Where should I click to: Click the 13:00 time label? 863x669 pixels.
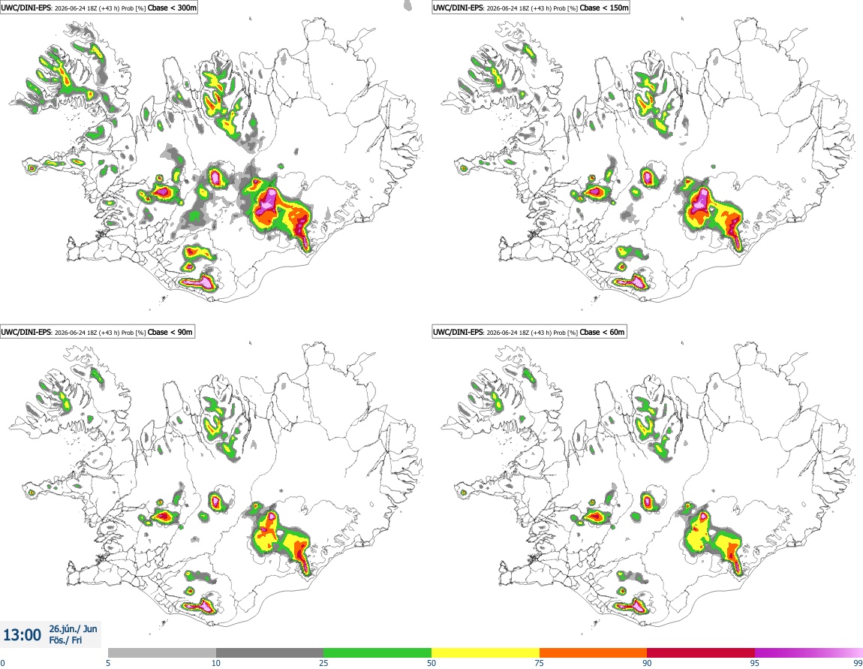[x=22, y=635]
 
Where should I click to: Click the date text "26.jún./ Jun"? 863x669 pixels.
[x=74, y=628]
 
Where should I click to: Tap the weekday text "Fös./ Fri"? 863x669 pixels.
[x=65, y=640]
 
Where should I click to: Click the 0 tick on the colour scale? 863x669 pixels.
[x=3, y=663]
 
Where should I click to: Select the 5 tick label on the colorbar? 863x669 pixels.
[x=108, y=663]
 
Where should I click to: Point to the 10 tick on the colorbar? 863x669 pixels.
[x=216, y=663]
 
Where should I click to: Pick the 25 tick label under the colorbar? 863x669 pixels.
[x=323, y=663]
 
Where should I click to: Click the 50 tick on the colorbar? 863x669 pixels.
[x=431, y=663]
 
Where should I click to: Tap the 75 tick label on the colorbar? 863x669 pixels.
[x=540, y=663]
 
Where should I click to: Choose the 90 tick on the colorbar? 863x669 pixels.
[x=647, y=663]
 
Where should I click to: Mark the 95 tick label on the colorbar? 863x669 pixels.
[x=755, y=663]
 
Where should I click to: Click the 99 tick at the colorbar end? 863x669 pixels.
[x=858, y=663]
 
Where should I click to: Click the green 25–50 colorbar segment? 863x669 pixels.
[x=377, y=652]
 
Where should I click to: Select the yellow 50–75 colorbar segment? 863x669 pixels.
[x=486, y=652]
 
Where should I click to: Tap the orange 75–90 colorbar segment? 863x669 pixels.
[x=594, y=652]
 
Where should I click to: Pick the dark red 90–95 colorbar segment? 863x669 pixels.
[x=701, y=652]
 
